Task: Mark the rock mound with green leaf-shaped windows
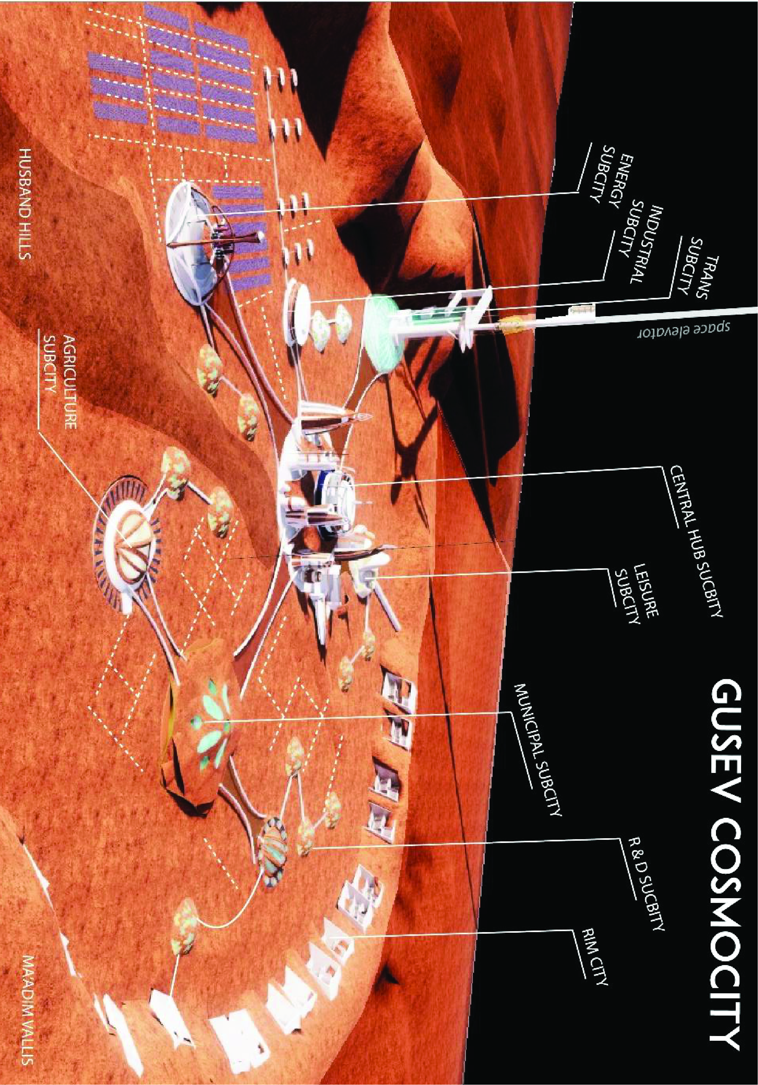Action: (198, 723)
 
